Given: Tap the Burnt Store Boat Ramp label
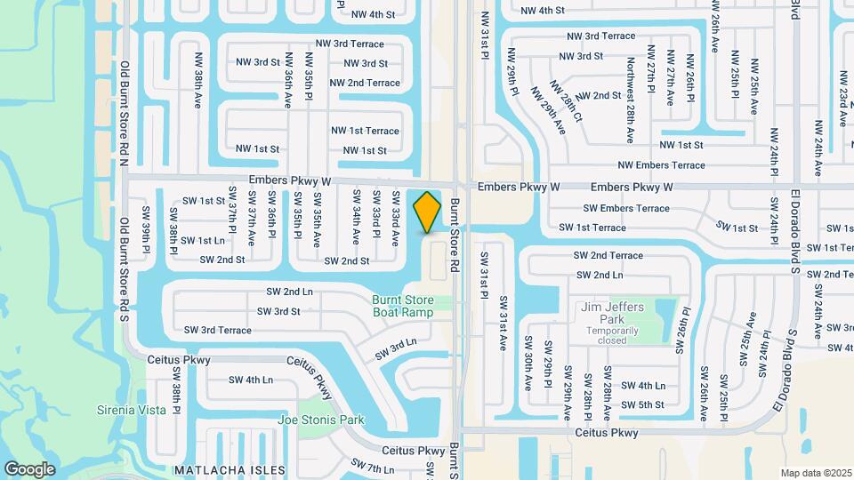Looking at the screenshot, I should tap(403, 306).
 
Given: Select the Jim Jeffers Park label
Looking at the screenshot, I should tap(612, 307).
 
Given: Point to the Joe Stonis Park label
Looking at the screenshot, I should tap(321, 420).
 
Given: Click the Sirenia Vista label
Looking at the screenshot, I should tap(132, 410).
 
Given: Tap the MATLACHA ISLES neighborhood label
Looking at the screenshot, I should tap(230, 469).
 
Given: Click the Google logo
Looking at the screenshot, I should tap(30, 468).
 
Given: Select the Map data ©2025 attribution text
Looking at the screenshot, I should tap(816, 473).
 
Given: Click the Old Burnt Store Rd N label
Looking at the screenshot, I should tap(125, 113).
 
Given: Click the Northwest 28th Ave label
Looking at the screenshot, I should tap(630, 100).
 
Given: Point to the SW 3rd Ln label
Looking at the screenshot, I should tap(396, 349).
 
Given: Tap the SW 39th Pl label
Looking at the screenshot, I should tap(145, 229).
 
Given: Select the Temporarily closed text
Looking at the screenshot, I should tap(612, 335).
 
